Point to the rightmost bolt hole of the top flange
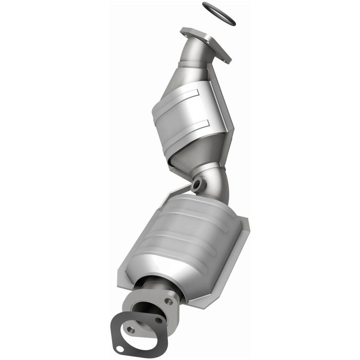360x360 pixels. tap(223, 56)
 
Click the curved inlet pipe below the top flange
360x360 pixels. tap(193, 54)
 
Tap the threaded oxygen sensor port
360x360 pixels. tap(197, 184)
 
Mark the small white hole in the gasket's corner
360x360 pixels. tap(119, 348)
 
